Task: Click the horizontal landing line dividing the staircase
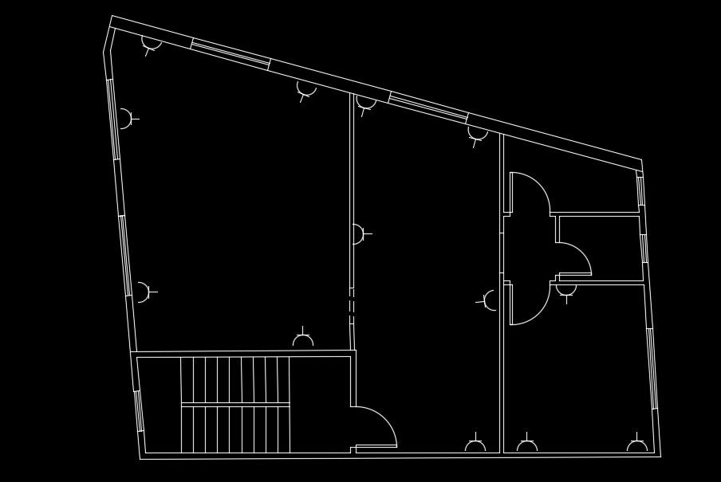pyautogui.click(x=234, y=406)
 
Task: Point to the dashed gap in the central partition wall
pyautogui.click(x=351, y=306)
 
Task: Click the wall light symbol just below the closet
pyautogui.click(x=566, y=290)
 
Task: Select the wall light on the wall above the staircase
pyautogui.click(x=303, y=341)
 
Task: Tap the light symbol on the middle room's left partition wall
pyautogui.click(x=358, y=234)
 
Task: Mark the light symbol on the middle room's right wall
pyautogui.click(x=491, y=300)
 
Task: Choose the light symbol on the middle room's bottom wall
pyautogui.click(x=475, y=446)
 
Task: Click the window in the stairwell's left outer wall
pyautogui.click(x=138, y=411)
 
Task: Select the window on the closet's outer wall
pyautogui.click(x=644, y=248)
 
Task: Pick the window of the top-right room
pyautogui.click(x=640, y=190)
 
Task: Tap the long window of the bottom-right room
pyautogui.click(x=652, y=368)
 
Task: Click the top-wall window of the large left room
pyautogui.click(x=230, y=53)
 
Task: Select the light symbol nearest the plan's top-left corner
pyautogui.click(x=152, y=42)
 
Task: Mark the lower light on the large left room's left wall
pyautogui.click(x=141, y=292)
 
